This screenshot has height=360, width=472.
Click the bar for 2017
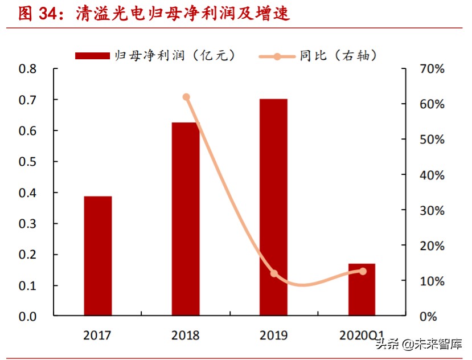click(98, 256)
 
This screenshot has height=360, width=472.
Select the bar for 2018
click(186, 219)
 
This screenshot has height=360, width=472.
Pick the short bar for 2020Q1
click(362, 289)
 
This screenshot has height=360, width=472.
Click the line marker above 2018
click(186, 97)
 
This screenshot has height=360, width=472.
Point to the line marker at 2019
click(274, 273)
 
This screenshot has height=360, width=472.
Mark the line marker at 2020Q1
click(363, 271)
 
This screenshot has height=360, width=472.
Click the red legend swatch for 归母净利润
click(92, 55)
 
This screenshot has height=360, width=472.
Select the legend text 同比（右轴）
click(338, 55)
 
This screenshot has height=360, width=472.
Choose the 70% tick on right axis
click(432, 69)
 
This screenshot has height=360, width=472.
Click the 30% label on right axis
click(432, 211)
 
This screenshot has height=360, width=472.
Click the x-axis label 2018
click(186, 335)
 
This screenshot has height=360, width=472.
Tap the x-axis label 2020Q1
click(362, 335)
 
